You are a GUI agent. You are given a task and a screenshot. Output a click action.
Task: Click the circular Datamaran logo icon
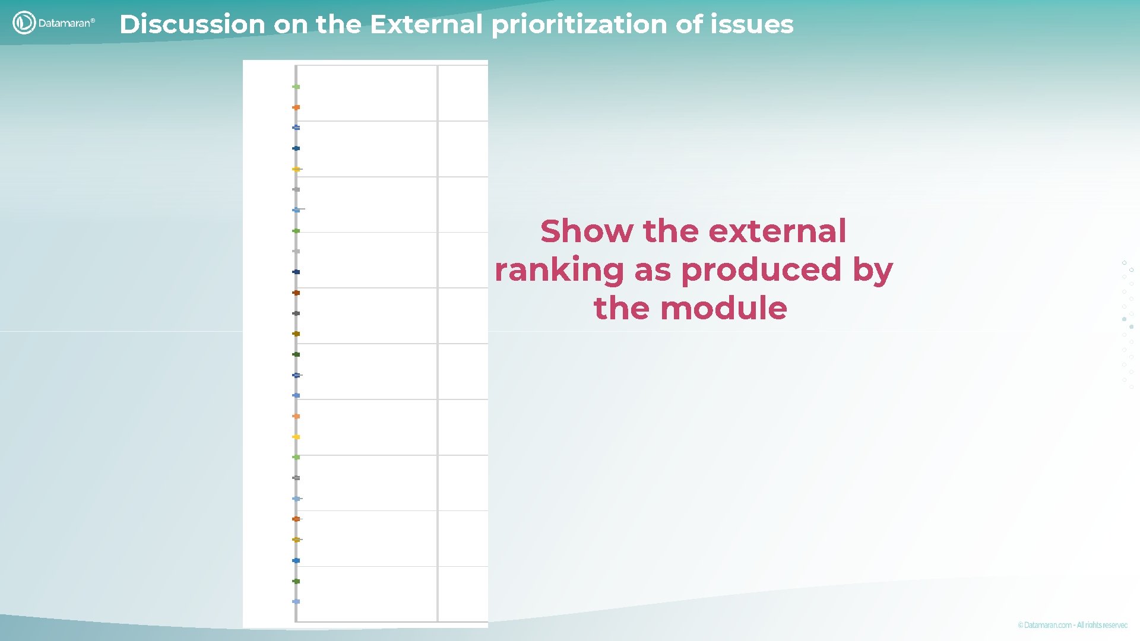click(x=24, y=23)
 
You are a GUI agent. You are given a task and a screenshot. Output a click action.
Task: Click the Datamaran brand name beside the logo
click(x=66, y=23)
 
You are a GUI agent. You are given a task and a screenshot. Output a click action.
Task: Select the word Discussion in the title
click(x=192, y=24)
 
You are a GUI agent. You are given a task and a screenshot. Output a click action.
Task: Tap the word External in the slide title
click(x=426, y=24)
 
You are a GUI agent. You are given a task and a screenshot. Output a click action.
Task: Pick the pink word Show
click(x=586, y=231)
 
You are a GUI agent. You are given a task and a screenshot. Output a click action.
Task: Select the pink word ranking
click(x=559, y=270)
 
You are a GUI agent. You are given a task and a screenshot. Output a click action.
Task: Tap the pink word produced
click(x=761, y=270)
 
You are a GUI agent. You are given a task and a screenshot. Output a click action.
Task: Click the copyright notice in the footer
click(x=1072, y=625)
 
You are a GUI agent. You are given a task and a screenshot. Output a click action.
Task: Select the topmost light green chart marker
click(x=296, y=87)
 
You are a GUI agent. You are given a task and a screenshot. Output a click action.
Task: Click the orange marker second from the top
click(x=296, y=107)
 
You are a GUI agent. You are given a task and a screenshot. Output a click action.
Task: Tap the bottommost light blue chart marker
click(x=296, y=601)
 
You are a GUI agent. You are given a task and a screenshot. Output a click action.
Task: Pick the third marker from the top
click(x=296, y=128)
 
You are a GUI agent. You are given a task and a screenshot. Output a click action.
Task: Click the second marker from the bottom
click(x=296, y=581)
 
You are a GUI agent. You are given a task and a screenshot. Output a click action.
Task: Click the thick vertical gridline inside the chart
click(x=438, y=344)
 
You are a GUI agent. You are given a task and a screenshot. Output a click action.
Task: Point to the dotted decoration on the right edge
click(x=1128, y=323)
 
